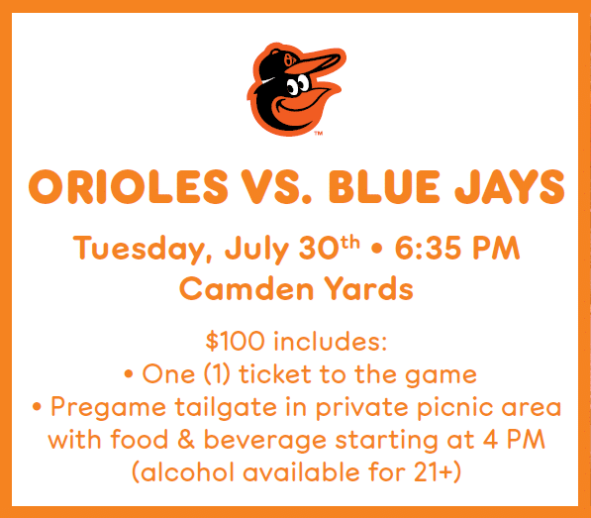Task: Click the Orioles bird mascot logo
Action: click(x=296, y=89)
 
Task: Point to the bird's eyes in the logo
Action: click(x=298, y=85)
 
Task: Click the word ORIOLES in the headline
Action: click(x=128, y=186)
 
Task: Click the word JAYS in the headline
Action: click(x=510, y=186)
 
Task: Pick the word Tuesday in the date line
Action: click(x=143, y=249)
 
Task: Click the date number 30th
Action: click(x=329, y=248)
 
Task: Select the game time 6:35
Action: click(x=429, y=248)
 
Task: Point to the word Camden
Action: click(x=246, y=288)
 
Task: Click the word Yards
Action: click(x=369, y=288)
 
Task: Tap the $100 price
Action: click(x=235, y=341)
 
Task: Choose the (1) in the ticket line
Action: click(x=217, y=374)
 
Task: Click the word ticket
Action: click(x=275, y=374)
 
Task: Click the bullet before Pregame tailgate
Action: click(x=37, y=407)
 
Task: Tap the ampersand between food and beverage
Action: click(x=186, y=439)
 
